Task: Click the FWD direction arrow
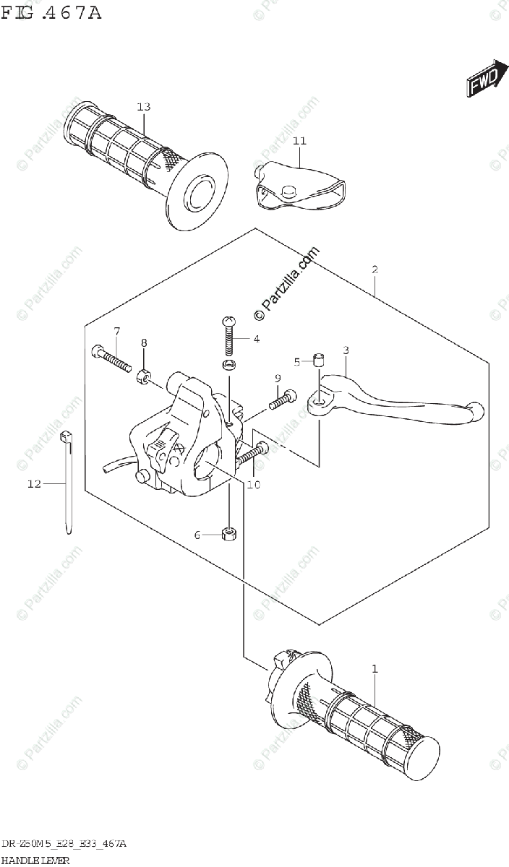coord(484,79)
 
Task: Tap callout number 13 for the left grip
coord(143,107)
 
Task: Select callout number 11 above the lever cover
coord(300,141)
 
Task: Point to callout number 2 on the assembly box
coord(375,270)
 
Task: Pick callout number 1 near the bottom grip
coord(375,670)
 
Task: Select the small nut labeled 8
coord(143,376)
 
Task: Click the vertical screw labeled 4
coord(228,336)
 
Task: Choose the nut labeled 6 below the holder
coord(228,535)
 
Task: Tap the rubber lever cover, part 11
coord(300,186)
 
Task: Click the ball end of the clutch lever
coord(475,410)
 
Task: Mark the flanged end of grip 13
coord(197,189)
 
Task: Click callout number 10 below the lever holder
coord(252,485)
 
